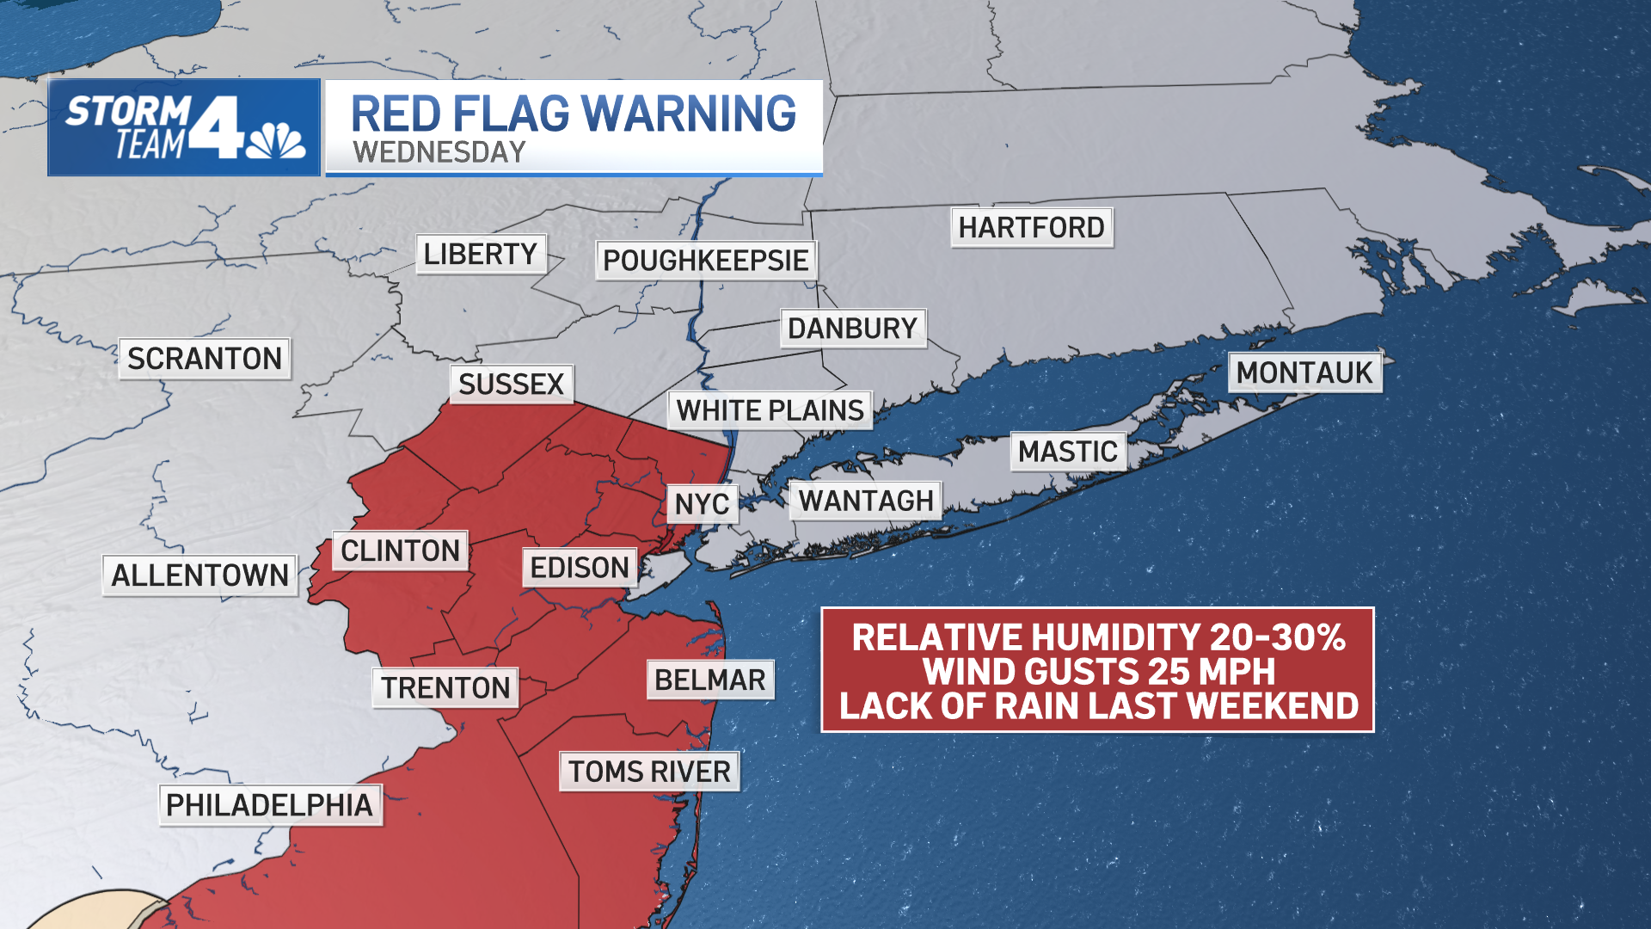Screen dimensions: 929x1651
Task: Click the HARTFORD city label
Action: pyautogui.click(x=1031, y=228)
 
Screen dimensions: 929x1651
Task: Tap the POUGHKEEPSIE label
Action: pyautogui.click(x=705, y=260)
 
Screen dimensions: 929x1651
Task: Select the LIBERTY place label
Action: pyautogui.click(x=481, y=254)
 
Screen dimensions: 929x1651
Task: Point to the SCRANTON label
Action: pyautogui.click(x=205, y=358)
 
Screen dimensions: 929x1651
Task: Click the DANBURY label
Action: pyautogui.click(x=852, y=328)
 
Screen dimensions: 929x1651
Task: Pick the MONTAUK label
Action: pyautogui.click(x=1304, y=372)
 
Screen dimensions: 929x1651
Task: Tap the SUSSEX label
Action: pyautogui.click(x=511, y=384)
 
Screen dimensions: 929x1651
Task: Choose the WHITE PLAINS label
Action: pyautogui.click(x=770, y=410)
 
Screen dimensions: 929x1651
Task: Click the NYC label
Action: pyautogui.click(x=702, y=504)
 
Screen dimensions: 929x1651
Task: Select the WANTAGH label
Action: pyautogui.click(x=865, y=501)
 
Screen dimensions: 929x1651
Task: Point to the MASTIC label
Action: pyautogui.click(x=1068, y=452)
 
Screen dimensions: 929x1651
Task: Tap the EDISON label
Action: pyautogui.click(x=580, y=568)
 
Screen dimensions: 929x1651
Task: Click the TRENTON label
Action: pyautogui.click(x=445, y=687)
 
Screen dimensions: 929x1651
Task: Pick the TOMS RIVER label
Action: pyautogui.click(x=649, y=772)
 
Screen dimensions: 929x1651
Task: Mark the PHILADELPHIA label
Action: pyautogui.click(x=269, y=805)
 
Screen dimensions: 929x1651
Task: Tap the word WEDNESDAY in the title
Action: pyautogui.click(x=439, y=152)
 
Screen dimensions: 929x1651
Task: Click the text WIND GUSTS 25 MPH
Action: pyautogui.click(x=1098, y=671)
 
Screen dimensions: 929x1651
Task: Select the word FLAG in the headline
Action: pyautogui.click(x=511, y=114)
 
